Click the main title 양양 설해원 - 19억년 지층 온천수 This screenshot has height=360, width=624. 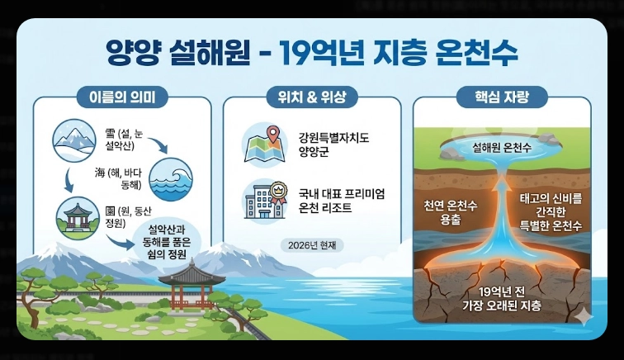[x=312, y=54]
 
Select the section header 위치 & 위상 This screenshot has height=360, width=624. [x=312, y=97]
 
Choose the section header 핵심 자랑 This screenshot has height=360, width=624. [x=502, y=97]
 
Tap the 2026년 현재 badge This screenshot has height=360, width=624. [x=312, y=245]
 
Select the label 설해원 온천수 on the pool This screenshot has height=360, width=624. [x=502, y=148]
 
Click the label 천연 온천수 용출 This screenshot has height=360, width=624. [x=451, y=211]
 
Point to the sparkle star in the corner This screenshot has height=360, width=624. [x=584, y=317]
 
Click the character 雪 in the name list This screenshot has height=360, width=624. [x=111, y=131]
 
